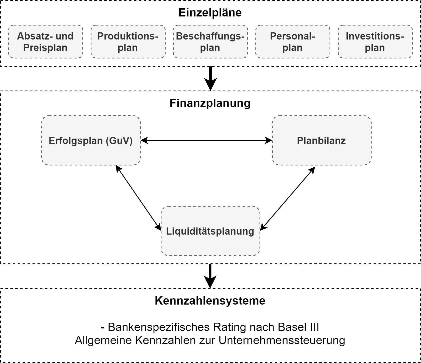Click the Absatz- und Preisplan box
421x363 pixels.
(x=46, y=42)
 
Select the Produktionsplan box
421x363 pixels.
(x=128, y=42)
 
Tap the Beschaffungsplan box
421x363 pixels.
(x=210, y=42)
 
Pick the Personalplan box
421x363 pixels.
(x=293, y=42)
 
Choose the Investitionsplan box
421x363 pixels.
(x=375, y=42)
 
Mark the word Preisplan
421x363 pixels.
(x=45, y=48)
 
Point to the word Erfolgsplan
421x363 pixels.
(x=76, y=141)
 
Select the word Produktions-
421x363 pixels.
(x=128, y=36)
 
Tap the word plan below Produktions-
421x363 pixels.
(x=128, y=48)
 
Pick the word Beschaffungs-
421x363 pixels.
(x=210, y=36)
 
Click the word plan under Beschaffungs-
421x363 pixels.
(x=210, y=48)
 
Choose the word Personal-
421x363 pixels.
(x=292, y=36)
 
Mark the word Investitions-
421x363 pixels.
(x=375, y=36)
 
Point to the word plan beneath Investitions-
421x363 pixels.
(x=375, y=48)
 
